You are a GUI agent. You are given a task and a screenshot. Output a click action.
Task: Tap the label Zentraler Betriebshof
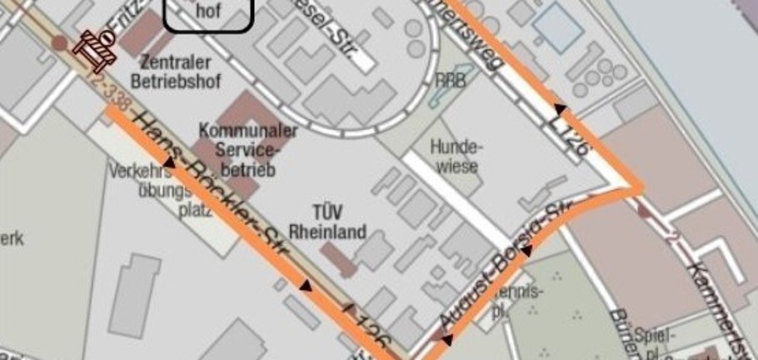(x=175, y=71)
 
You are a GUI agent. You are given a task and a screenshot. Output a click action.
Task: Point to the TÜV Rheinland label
(x=327, y=222)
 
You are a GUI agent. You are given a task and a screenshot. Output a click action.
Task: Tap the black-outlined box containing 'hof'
(x=207, y=15)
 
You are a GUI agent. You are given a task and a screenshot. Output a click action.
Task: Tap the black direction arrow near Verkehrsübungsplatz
(x=168, y=163)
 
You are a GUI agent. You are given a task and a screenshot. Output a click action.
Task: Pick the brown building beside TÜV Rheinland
(x=338, y=259)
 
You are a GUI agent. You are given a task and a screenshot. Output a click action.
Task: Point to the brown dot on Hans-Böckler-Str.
(x=58, y=42)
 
